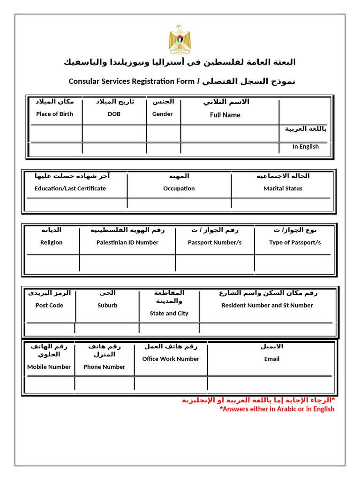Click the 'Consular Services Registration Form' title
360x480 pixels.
point(131,82)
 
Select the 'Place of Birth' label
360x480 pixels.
point(54,114)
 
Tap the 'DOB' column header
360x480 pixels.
point(114,114)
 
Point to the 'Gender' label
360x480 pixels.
point(163,114)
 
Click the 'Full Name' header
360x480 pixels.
point(225,115)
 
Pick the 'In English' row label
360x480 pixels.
point(305,147)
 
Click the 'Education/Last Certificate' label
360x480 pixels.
point(70,188)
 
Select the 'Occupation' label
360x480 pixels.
point(179,188)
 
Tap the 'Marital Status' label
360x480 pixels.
point(283,188)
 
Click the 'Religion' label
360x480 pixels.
point(51,242)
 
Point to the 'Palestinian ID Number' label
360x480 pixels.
point(127,242)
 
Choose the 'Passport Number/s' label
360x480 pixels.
point(215,242)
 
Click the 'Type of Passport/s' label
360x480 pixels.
point(295,242)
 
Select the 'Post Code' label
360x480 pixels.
point(49,305)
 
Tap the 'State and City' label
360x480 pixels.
point(169,314)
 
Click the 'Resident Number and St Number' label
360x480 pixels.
point(267,305)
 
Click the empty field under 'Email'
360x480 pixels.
point(271,384)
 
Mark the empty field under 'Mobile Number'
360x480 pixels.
point(49,384)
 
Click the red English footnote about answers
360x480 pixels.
point(277,409)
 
